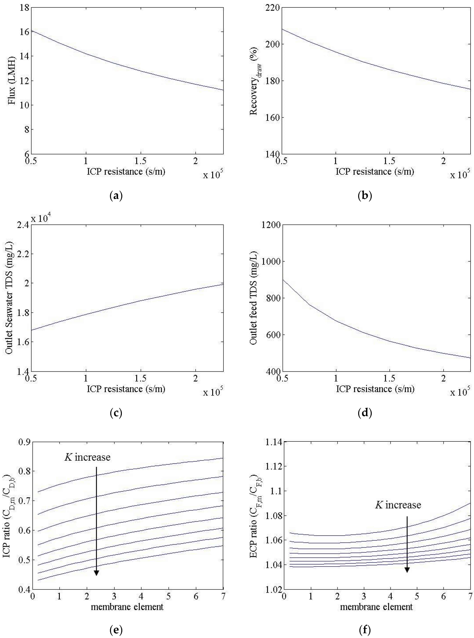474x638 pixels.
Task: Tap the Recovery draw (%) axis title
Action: [x=254, y=81]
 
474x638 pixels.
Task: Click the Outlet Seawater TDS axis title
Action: [x=10, y=298]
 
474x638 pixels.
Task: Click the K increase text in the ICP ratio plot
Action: [x=88, y=457]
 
